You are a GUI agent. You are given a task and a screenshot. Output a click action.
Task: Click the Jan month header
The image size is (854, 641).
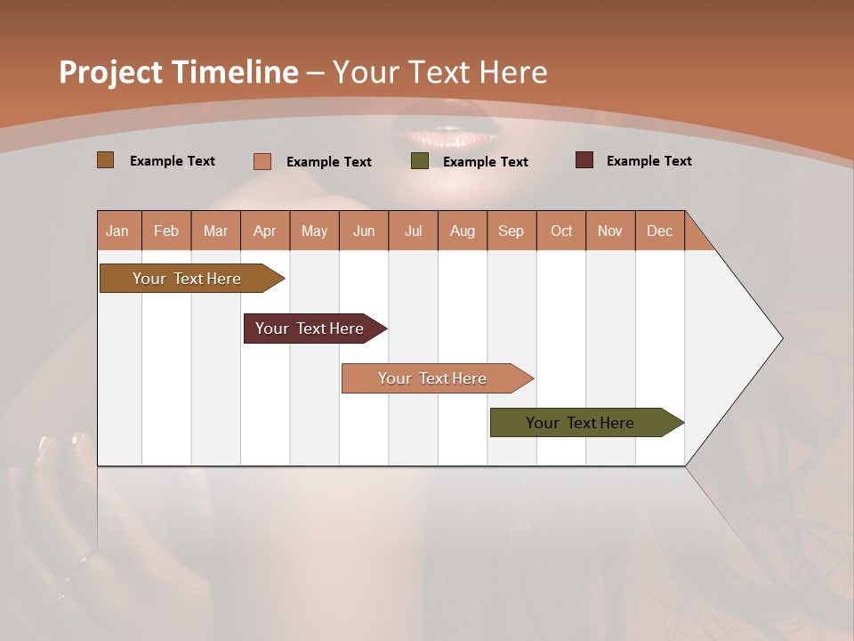click(x=118, y=231)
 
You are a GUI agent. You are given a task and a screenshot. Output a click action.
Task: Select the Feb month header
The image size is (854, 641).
click(x=166, y=231)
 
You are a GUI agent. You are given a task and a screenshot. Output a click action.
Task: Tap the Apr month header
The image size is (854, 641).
click(x=265, y=231)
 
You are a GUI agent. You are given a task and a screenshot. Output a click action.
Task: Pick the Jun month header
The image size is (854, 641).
click(x=364, y=231)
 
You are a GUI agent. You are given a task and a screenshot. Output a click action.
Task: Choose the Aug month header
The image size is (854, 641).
click(x=463, y=231)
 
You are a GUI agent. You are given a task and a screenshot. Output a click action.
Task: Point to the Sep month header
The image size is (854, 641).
click(x=512, y=231)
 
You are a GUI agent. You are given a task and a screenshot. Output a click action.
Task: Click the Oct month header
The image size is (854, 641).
click(x=561, y=231)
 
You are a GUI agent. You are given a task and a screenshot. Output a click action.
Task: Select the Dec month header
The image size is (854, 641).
click(x=660, y=231)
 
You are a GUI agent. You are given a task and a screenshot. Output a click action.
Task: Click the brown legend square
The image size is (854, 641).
click(x=106, y=160)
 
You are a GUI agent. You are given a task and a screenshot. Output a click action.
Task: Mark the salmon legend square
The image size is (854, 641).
click(x=262, y=161)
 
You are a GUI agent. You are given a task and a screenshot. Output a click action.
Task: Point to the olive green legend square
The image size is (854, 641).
click(x=420, y=161)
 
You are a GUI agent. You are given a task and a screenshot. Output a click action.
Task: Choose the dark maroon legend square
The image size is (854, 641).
click(x=584, y=160)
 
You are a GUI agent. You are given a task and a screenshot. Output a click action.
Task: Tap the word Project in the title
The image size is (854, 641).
click(x=110, y=72)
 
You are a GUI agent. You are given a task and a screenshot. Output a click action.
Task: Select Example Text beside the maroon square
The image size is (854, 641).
click(x=649, y=161)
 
